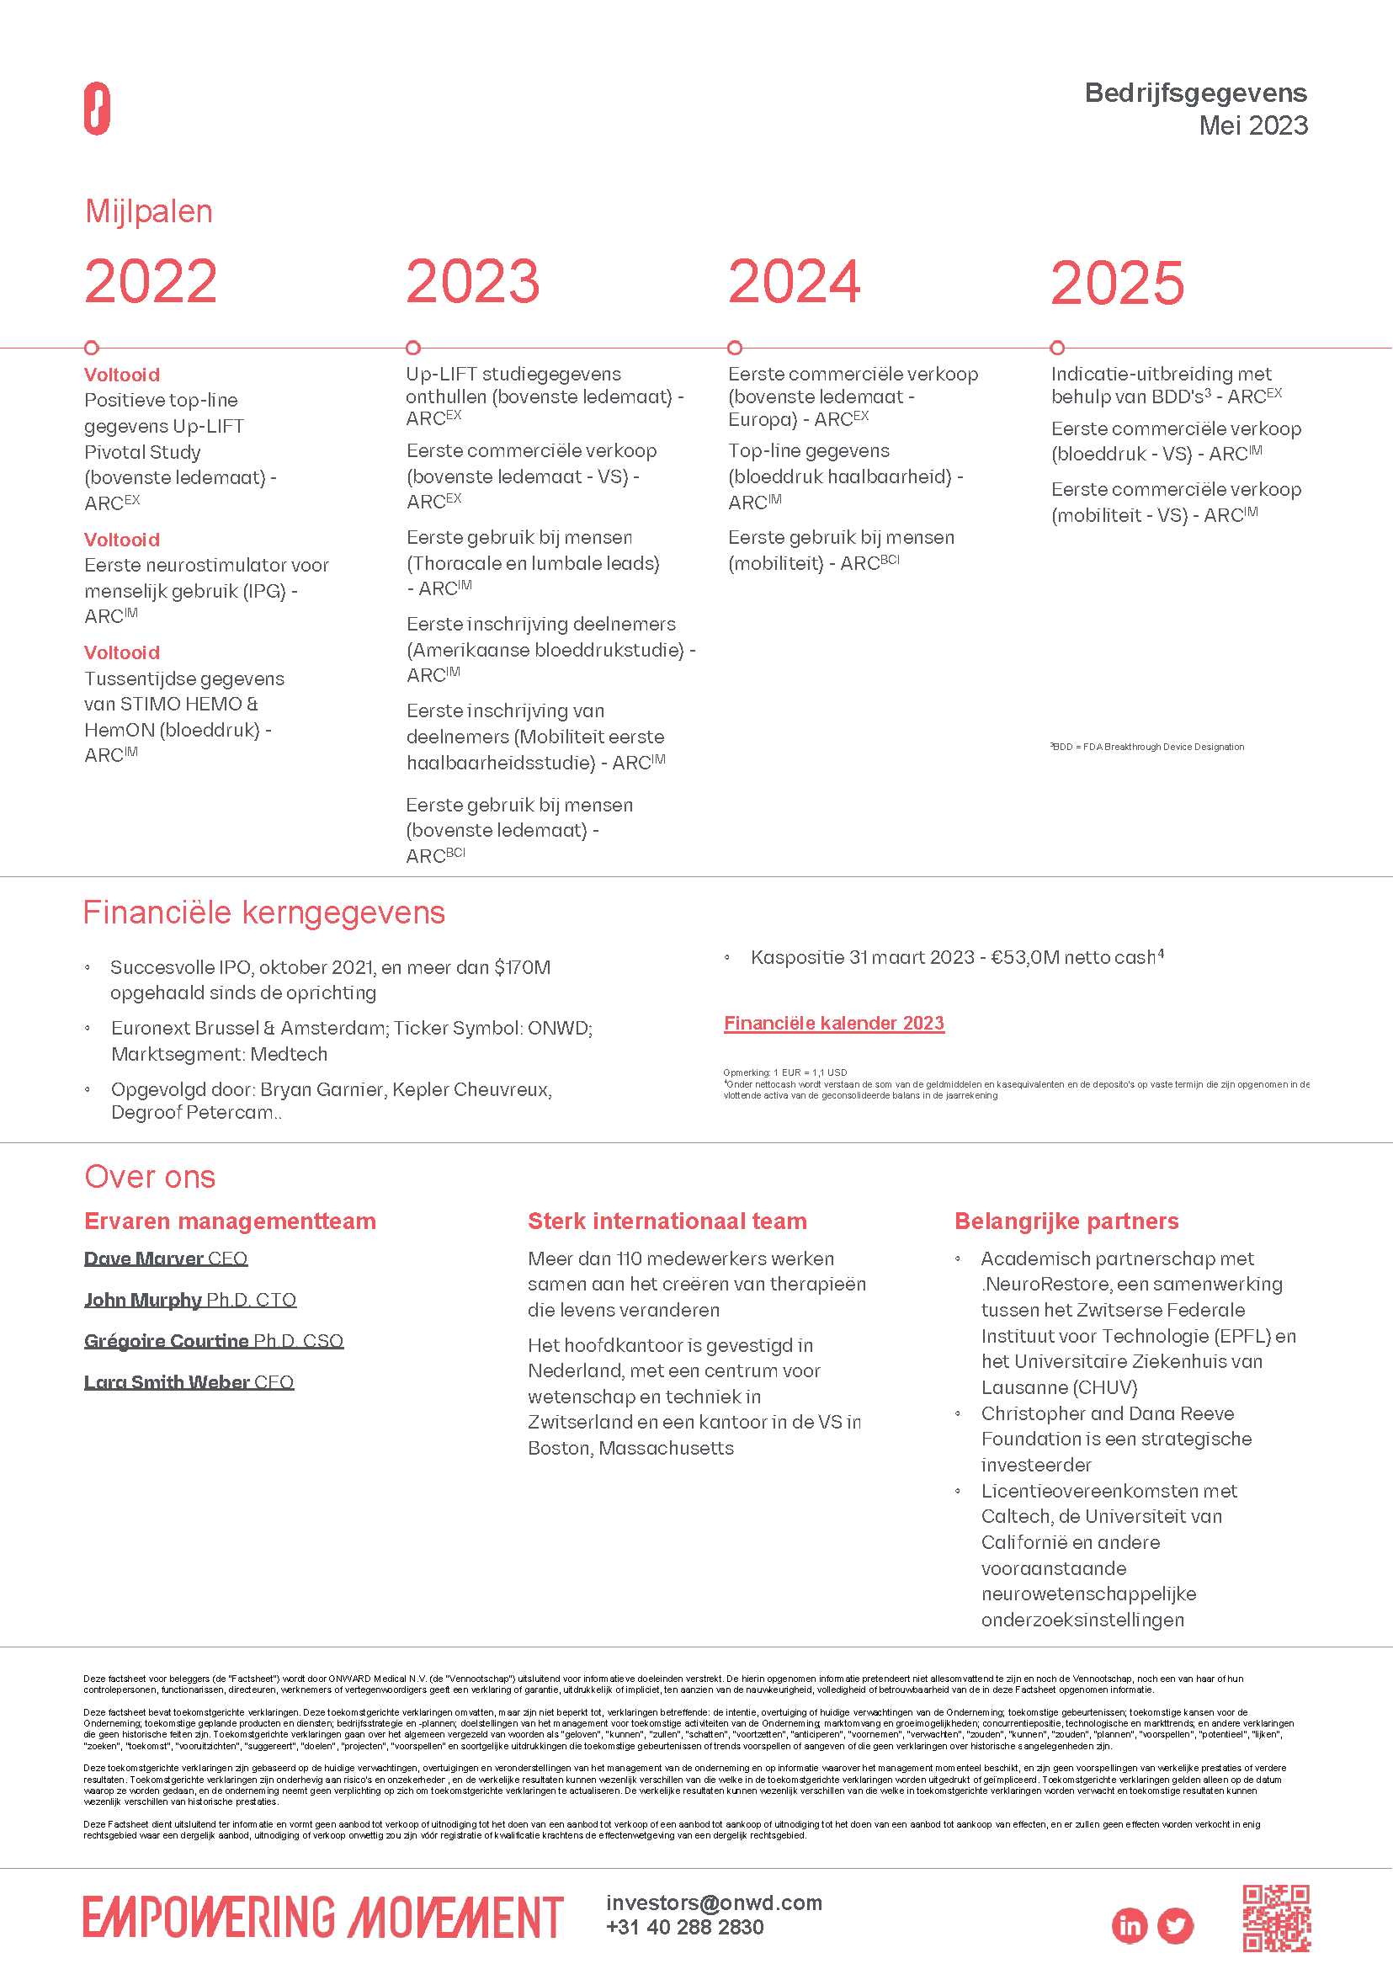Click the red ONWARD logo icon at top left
(x=97, y=109)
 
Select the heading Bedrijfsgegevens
(x=1195, y=93)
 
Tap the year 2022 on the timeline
(x=151, y=281)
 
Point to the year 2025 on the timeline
(x=1117, y=282)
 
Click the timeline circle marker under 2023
(x=413, y=348)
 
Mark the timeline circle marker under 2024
(x=734, y=348)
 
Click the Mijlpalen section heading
(x=148, y=211)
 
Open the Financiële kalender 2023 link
(x=834, y=1023)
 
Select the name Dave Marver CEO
(x=166, y=1258)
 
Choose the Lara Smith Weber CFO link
(x=189, y=1381)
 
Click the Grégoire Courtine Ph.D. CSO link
(x=214, y=1340)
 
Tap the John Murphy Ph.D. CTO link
(x=189, y=1299)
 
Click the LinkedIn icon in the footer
(x=1130, y=1925)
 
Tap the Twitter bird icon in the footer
(x=1175, y=1925)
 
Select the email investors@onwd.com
(x=714, y=1902)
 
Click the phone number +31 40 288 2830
(x=683, y=1927)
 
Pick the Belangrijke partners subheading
(x=1066, y=1221)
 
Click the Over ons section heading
(x=149, y=1176)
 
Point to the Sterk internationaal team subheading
(x=667, y=1221)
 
